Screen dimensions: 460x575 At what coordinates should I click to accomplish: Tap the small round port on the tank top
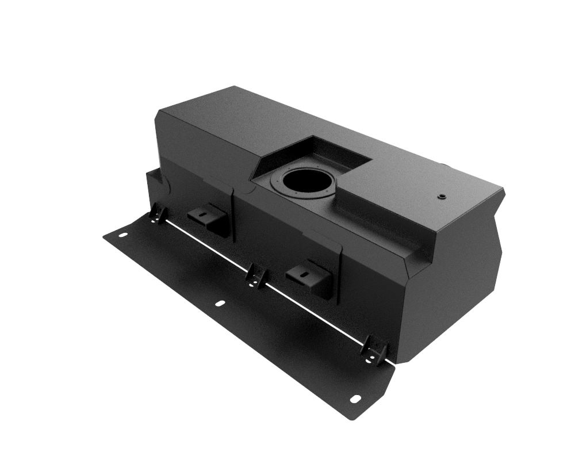[x=441, y=196]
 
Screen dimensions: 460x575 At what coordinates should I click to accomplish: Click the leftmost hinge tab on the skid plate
[x=156, y=214]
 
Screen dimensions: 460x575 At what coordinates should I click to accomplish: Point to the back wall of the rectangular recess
[x=339, y=151]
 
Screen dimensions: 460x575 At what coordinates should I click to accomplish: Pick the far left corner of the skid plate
[x=105, y=236]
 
